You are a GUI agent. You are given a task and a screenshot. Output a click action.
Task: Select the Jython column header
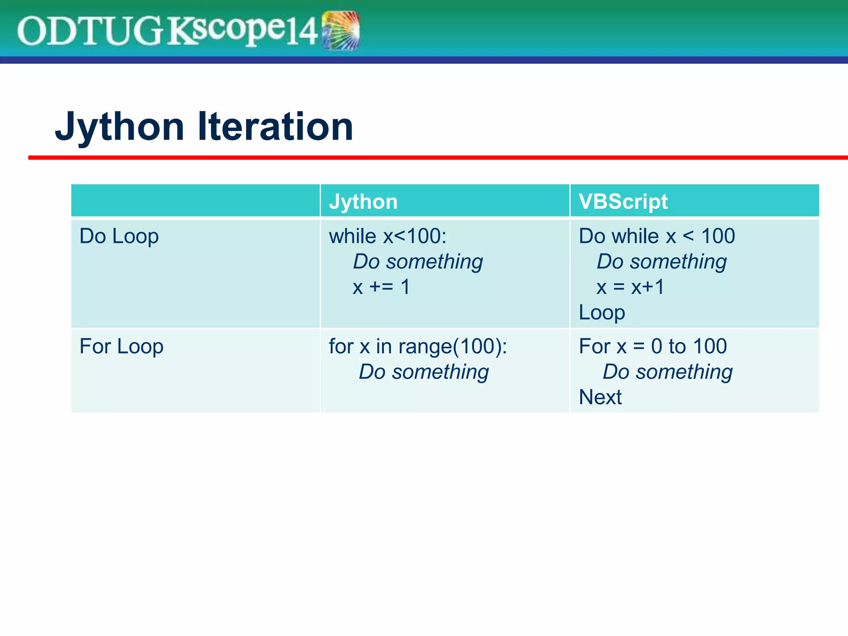click(x=363, y=202)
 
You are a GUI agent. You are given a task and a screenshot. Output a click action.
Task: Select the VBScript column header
click(x=623, y=202)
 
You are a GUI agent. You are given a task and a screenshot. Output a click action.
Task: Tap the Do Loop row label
click(x=119, y=236)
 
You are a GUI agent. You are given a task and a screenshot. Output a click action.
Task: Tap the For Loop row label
click(x=121, y=347)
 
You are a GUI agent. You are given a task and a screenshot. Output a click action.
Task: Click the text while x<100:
click(x=388, y=236)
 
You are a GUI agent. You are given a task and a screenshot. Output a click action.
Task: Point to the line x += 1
click(x=381, y=287)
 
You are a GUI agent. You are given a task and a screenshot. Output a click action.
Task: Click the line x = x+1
click(x=630, y=287)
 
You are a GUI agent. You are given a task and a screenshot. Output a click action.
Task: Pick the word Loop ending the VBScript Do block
click(x=602, y=313)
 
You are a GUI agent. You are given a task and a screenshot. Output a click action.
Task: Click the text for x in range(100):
click(x=418, y=347)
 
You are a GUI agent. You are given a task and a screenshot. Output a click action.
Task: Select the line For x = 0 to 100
click(x=653, y=347)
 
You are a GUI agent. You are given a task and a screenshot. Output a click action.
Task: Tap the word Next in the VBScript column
click(x=600, y=397)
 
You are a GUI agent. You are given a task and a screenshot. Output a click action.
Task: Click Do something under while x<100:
click(x=418, y=262)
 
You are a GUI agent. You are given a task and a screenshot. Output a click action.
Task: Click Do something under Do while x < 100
click(x=661, y=262)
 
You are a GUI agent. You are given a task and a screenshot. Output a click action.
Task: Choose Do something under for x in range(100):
click(x=424, y=372)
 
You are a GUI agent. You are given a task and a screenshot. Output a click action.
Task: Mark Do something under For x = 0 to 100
click(x=667, y=372)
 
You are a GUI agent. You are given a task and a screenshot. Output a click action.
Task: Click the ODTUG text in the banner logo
click(x=89, y=31)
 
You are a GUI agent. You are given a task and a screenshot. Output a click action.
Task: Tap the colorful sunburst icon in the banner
click(x=340, y=30)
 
